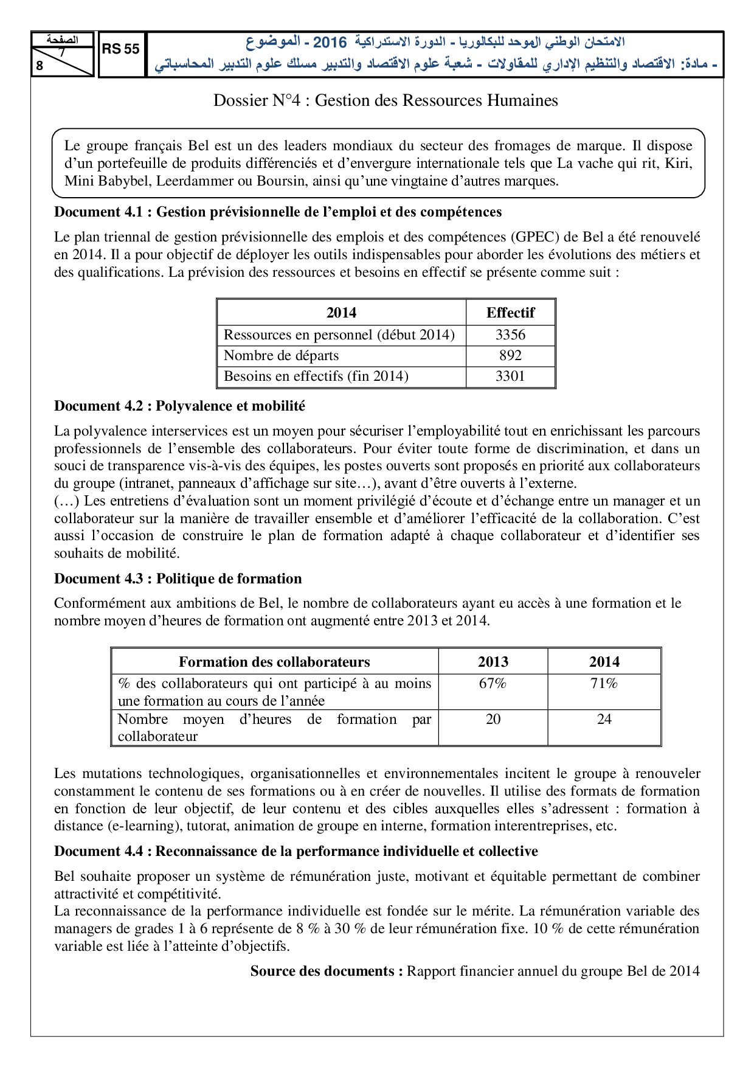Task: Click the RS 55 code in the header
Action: pos(121,49)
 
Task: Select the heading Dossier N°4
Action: pos(386,100)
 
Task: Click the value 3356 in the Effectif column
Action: pos(510,335)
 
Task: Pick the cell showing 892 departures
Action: pos(510,355)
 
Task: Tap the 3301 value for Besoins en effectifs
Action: pos(510,376)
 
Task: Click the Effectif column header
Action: pos(510,313)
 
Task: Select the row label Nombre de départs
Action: pos(281,355)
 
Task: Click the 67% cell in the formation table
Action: pos(493,684)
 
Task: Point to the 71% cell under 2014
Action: pos(604,684)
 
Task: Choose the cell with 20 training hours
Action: pos(493,719)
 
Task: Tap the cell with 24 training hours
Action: pos(604,719)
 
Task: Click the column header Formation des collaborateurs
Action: pos(274,662)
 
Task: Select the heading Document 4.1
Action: pos(278,212)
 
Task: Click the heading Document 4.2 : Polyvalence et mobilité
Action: pos(179,406)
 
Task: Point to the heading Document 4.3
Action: pos(178,579)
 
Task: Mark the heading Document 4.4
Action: pos(296,851)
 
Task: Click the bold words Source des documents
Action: pos(327,971)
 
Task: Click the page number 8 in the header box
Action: pos(40,66)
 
